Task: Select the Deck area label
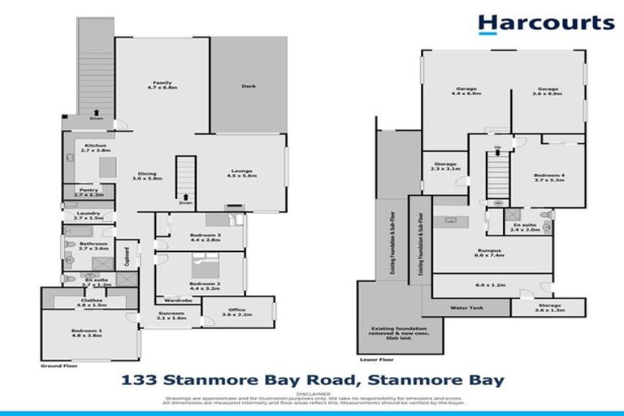(x=249, y=86)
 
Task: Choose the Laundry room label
(x=88, y=215)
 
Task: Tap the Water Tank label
(x=466, y=308)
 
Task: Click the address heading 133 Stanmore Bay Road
(x=312, y=380)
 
